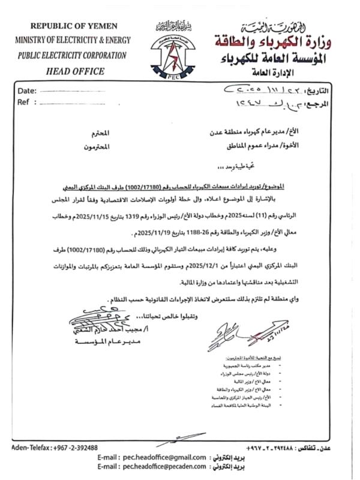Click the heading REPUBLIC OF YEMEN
coord(74,26)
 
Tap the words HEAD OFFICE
coord(74,70)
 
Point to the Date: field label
coord(27,91)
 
